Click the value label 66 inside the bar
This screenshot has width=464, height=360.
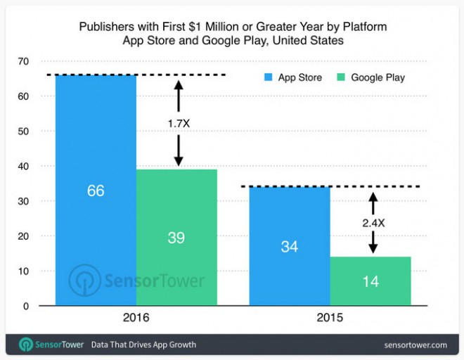pos(96,191)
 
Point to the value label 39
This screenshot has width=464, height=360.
pos(176,238)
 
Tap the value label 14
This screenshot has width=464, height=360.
pos(370,281)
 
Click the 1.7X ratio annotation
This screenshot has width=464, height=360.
pos(178,124)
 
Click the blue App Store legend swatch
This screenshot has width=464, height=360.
pos(268,77)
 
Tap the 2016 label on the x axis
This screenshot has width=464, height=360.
pos(136,318)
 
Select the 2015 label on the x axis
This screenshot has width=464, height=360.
pos(330,318)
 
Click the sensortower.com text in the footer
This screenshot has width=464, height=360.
pos(415,345)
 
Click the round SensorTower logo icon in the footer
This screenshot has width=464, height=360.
pos(26,345)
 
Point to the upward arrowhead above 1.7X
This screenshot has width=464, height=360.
pos(178,85)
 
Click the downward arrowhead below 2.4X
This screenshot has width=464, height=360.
pos(373,248)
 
